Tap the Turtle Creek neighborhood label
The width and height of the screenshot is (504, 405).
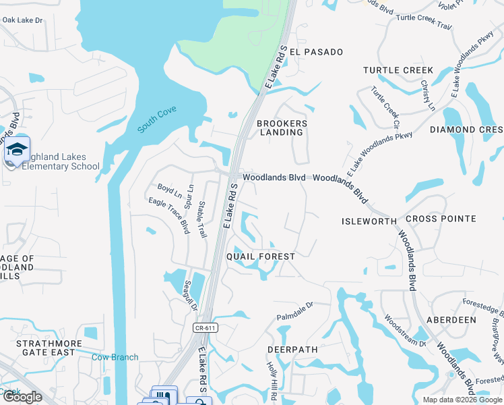click(x=398, y=70)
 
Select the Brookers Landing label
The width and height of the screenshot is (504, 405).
click(x=282, y=128)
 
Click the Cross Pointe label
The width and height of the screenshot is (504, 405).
click(x=441, y=219)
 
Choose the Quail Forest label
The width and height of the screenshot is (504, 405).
click(x=260, y=256)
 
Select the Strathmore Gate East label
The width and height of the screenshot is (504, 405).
click(x=49, y=348)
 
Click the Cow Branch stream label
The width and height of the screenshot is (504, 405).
click(x=115, y=357)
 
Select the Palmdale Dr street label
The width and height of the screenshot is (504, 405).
click(x=295, y=311)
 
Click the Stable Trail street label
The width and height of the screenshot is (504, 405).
click(x=201, y=219)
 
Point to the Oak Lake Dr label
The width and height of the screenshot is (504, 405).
click(x=22, y=20)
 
